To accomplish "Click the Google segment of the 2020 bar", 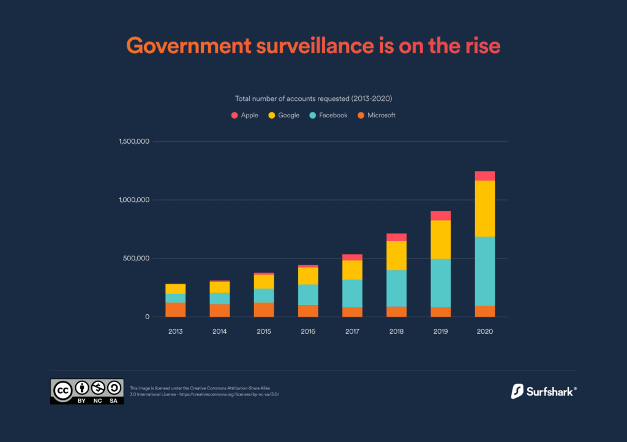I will [485, 208].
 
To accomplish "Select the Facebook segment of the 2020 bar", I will [485, 271].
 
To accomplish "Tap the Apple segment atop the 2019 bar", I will [440, 215].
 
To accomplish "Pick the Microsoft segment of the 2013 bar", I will [176, 309].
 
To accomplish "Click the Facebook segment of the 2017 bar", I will [352, 293].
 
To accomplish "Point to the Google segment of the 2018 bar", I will [396, 255].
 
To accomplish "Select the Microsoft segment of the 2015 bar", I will [264, 309].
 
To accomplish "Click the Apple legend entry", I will [244, 115].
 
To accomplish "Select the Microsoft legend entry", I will [377, 115].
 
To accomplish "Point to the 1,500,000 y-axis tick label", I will [134, 142].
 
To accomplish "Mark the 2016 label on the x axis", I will [308, 331].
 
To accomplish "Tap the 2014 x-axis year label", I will [220, 331].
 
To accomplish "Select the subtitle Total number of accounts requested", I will [313, 98].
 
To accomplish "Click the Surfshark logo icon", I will [516, 391].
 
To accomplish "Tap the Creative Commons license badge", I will [87, 391].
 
